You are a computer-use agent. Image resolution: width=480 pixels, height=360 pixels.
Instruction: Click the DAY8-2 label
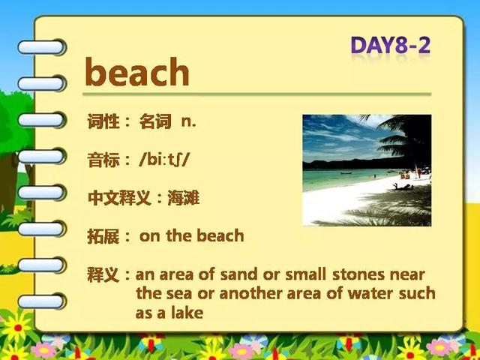[x=391, y=46]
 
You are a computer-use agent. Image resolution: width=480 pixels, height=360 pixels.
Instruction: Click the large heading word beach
[x=137, y=72]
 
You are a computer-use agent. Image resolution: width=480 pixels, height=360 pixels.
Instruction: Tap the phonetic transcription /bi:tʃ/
[x=164, y=160]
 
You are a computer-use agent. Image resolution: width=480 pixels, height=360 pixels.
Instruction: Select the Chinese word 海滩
[x=183, y=198]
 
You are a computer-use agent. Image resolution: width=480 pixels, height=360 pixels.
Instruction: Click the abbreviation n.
[x=188, y=122]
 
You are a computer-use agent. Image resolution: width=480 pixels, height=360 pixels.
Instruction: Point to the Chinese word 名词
[x=155, y=121]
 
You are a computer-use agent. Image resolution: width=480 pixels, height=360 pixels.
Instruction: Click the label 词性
[x=103, y=121]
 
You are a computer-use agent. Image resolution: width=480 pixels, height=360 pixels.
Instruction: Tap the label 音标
[x=103, y=160]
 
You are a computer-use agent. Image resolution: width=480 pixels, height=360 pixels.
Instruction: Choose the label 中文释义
[x=119, y=198]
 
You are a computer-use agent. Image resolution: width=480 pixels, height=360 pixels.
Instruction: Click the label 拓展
[x=103, y=236]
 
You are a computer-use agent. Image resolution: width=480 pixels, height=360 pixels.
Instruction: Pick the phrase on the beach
[x=192, y=235]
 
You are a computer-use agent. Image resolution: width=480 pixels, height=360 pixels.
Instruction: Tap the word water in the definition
[x=370, y=293]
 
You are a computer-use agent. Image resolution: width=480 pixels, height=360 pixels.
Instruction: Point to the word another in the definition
[x=250, y=293]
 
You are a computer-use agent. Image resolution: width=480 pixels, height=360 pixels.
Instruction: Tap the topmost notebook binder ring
[x=42, y=47]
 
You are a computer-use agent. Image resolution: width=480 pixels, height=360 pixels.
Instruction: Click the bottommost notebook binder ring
[x=42, y=301]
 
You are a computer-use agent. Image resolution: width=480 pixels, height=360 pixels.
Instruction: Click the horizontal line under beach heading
[x=256, y=94]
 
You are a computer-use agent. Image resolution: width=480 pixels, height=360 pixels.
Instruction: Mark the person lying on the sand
[x=403, y=187]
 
